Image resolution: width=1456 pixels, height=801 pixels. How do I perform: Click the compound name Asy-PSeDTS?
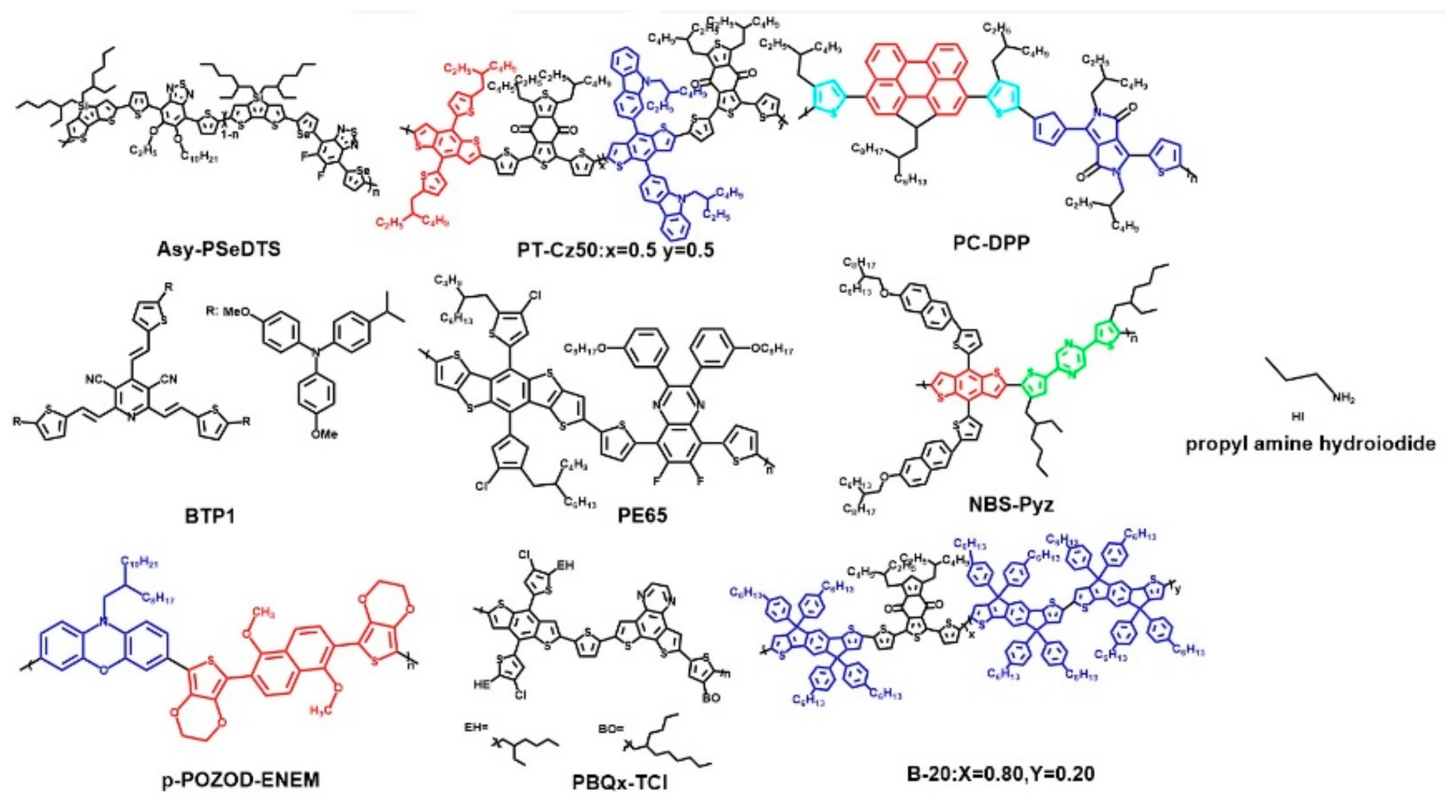219,250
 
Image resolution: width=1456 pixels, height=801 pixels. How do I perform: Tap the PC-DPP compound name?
991,243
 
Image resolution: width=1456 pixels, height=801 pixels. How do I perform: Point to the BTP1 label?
209,518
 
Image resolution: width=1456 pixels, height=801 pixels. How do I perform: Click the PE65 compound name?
642,516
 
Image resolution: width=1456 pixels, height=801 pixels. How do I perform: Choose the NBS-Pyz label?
1011,505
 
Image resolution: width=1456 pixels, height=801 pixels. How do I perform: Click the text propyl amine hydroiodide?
1310,444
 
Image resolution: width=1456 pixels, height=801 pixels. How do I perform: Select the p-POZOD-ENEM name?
240,780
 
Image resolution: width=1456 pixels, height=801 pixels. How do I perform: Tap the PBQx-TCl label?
620,783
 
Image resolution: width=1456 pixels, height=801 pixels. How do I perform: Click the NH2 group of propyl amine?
1343,400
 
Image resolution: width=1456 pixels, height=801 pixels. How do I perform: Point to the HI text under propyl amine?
1297,417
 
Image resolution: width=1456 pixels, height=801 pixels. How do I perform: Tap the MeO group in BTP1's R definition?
237,313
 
